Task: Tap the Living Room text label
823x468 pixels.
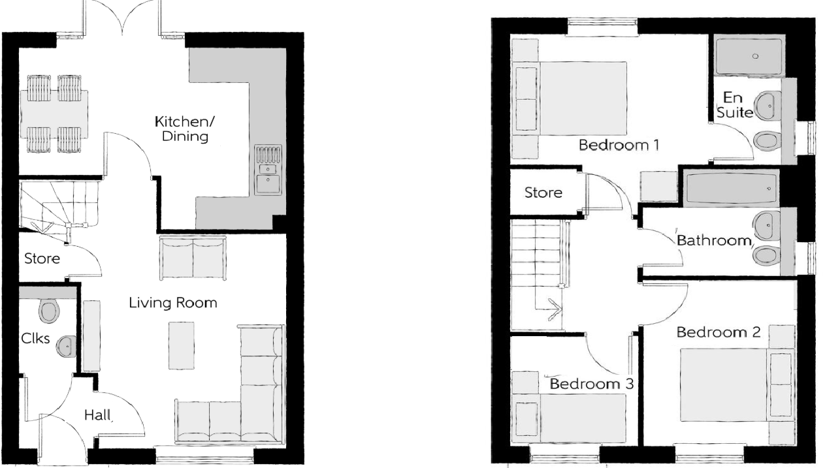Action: (172, 304)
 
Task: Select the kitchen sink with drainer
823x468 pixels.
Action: (269, 170)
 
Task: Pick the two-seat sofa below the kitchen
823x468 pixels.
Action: (193, 259)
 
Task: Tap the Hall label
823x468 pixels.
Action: (98, 415)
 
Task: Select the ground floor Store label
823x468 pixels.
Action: (42, 258)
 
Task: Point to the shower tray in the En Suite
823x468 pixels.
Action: (749, 56)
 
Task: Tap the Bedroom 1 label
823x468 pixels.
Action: (618, 145)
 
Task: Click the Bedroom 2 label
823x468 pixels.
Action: (718, 332)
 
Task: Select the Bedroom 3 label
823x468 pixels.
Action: (591, 384)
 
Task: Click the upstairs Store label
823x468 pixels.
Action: (543, 193)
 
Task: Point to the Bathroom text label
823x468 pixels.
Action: (713, 241)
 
